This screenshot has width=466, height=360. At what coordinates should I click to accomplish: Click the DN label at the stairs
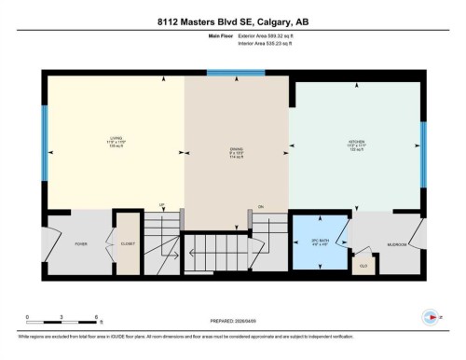(x=261, y=205)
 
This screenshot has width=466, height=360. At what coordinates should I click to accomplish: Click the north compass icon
(x=429, y=315)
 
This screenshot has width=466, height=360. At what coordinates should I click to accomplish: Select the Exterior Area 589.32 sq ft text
(x=272, y=37)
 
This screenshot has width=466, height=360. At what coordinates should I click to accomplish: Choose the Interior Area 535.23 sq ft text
(x=271, y=45)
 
